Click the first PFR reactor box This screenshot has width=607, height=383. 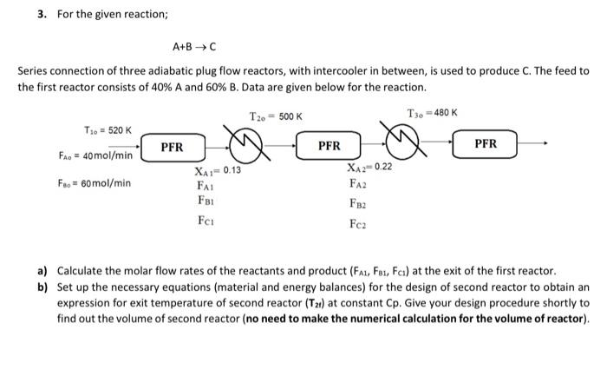tap(173, 147)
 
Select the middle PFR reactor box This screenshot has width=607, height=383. tap(330, 146)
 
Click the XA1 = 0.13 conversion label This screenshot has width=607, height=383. tap(219, 170)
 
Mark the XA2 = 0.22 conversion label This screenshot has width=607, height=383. tap(369, 168)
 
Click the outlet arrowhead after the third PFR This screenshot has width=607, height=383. tap(545, 142)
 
